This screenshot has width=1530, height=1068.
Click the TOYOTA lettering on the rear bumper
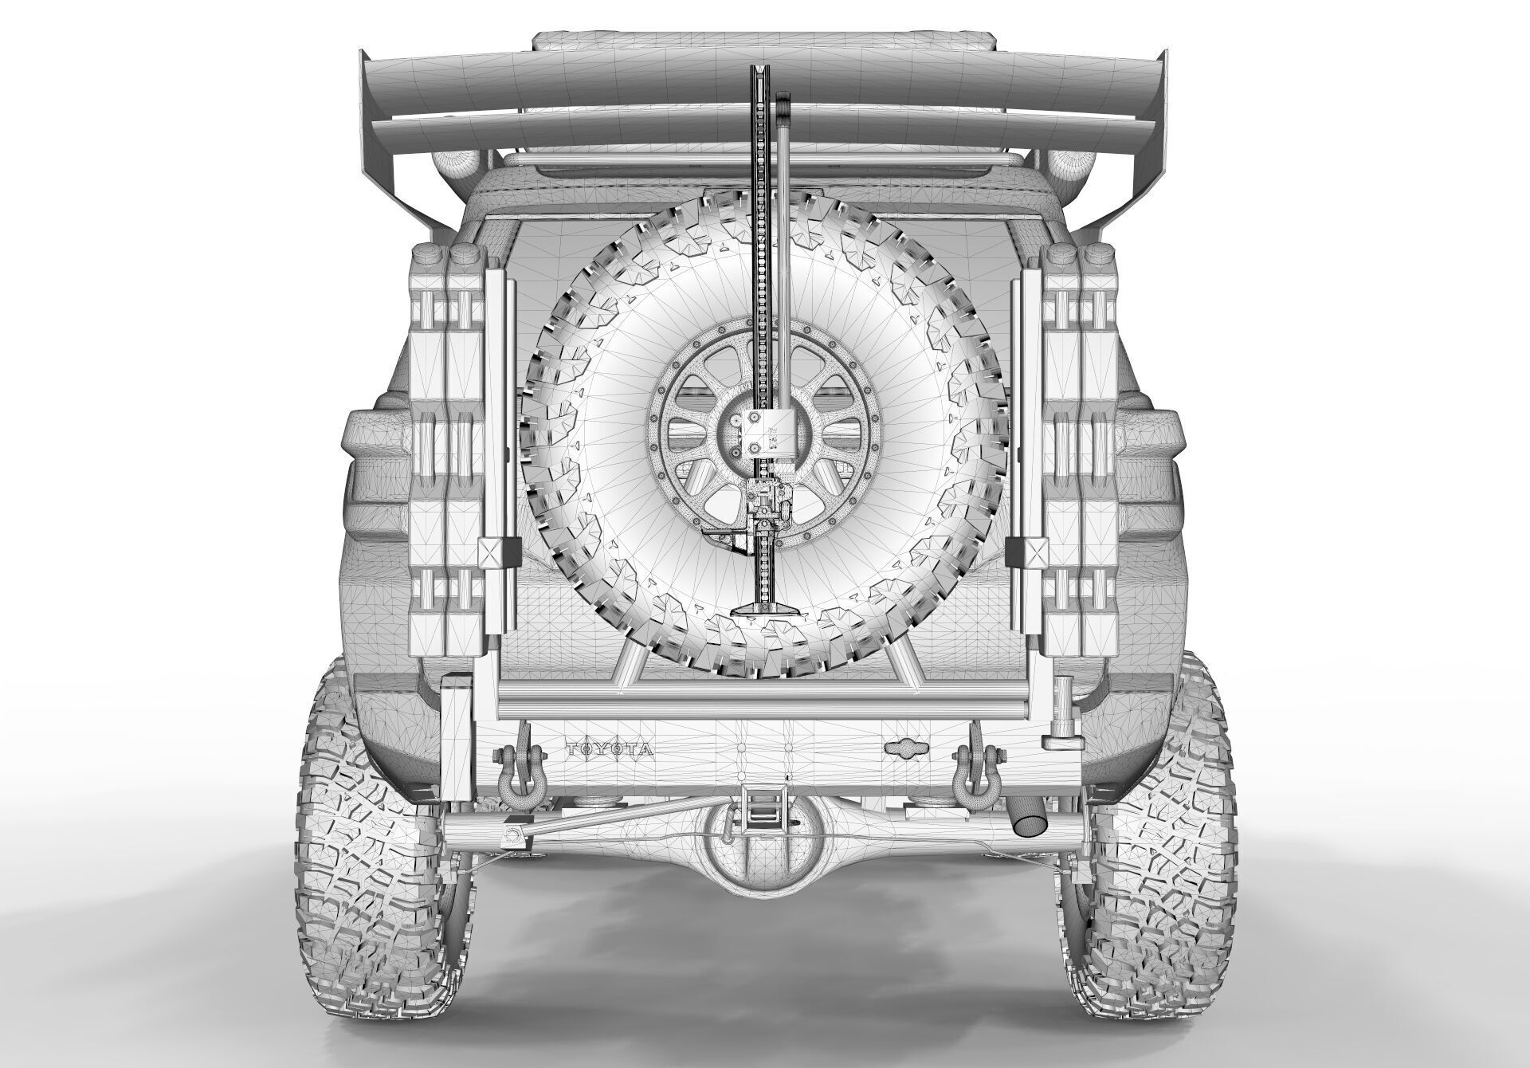(x=609, y=750)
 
